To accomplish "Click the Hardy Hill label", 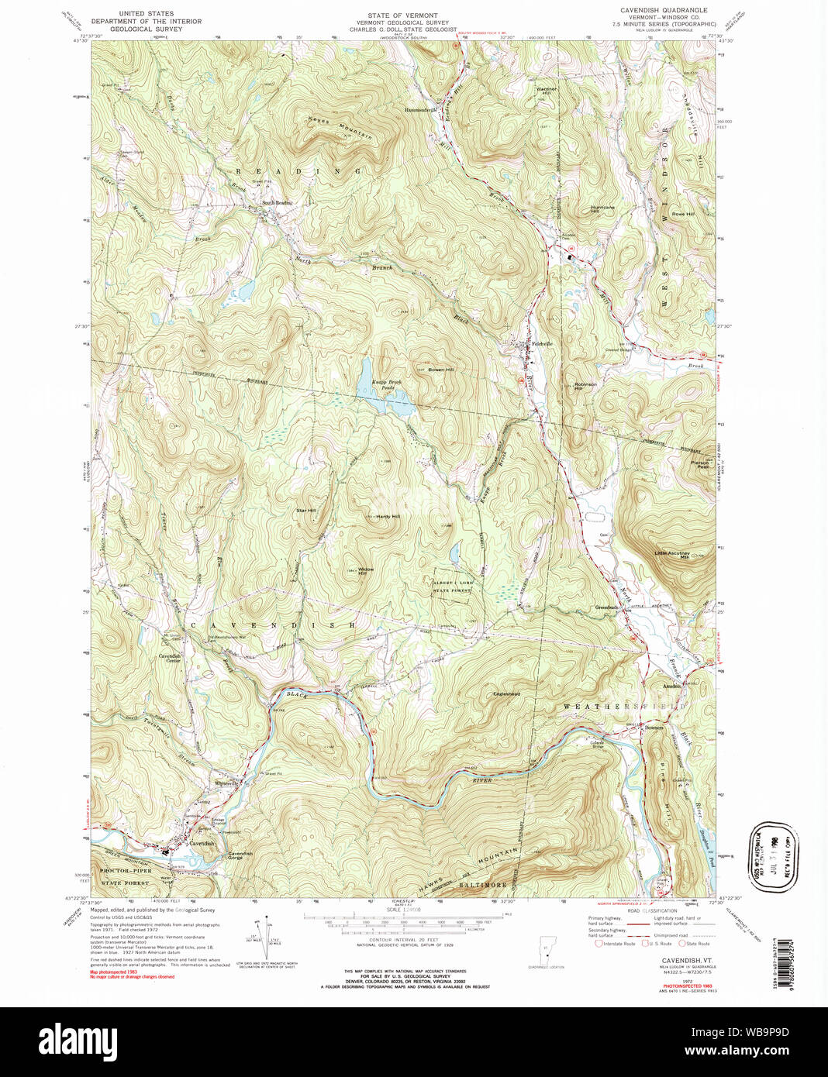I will coord(388,516).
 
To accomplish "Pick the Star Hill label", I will coord(305,511).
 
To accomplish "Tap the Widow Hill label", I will coord(366,571).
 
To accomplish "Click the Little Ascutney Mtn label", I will coord(672,555).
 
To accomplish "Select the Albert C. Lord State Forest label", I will coord(454,586).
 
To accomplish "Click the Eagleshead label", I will coord(506,693).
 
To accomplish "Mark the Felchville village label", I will coord(540,343).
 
